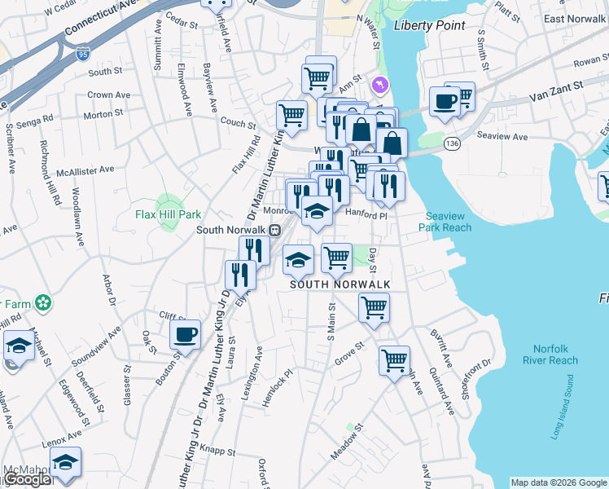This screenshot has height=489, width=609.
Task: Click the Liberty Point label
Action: pos(429,25)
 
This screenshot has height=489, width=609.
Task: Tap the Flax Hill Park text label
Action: pos(168,215)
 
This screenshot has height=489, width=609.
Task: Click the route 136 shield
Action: pos(451,143)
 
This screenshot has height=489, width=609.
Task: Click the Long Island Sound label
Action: pos(567,418)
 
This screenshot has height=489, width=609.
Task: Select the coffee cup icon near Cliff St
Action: pos(186,333)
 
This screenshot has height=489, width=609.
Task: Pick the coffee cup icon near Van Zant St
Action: pos(445,101)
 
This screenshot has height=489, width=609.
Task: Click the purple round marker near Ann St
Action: pos(379,84)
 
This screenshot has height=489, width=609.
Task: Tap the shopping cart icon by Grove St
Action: pos(395,359)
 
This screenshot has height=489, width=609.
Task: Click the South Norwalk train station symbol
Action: pos(275,230)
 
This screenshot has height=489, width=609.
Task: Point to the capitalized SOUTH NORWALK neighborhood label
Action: pos(340,284)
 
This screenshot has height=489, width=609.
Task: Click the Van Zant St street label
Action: pos(556,86)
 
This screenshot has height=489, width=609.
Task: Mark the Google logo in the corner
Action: pos(28,479)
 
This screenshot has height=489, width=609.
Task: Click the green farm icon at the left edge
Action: pos(42,303)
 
